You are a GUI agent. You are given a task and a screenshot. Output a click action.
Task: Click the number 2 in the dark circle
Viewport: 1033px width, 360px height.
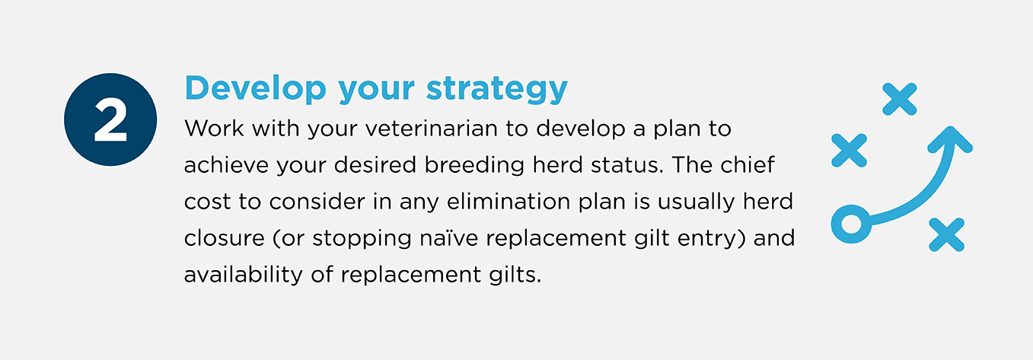pyautogui.click(x=110, y=120)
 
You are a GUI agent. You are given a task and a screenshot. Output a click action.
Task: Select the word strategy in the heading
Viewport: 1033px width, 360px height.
pyautogui.click(x=496, y=89)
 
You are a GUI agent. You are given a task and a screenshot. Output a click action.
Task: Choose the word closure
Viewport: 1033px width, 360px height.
pyautogui.click(x=224, y=238)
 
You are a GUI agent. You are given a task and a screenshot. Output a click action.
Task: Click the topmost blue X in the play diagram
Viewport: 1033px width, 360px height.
pyautogui.click(x=899, y=99)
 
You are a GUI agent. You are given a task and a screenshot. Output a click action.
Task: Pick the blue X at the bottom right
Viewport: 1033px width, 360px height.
pyautogui.click(x=946, y=234)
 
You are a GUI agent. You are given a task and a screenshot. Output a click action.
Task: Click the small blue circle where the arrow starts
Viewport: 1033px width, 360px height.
pyautogui.click(x=851, y=224)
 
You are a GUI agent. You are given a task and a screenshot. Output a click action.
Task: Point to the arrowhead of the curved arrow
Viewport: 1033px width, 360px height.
pyautogui.click(x=951, y=139)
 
